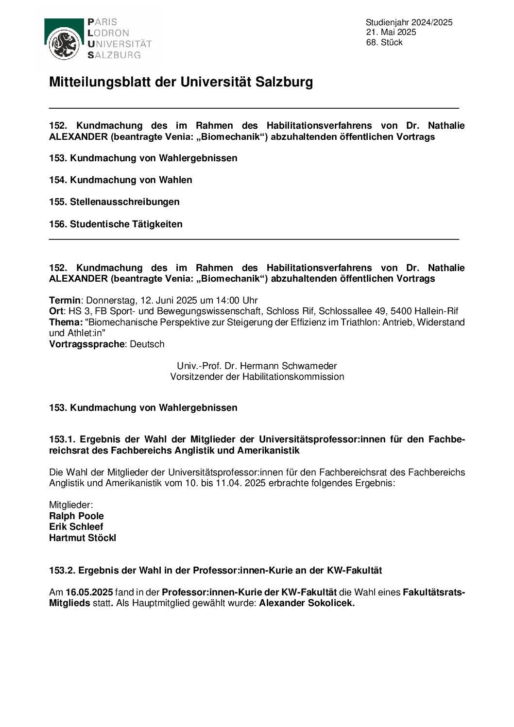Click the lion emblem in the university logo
pos(64,44)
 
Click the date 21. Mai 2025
pos(391,32)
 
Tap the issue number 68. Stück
pos(384,42)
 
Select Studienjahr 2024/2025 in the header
pos(409,22)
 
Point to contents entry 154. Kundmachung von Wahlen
pos(120,180)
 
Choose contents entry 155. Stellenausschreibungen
pos(114,202)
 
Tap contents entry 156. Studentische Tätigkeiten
pos(116,224)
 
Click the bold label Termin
pos(65,300)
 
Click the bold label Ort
pos(56,311)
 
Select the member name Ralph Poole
pos(76,516)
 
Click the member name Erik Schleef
pos(76,526)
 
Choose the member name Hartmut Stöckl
pos(83,538)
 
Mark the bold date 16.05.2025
pos(89,592)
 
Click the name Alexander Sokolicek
pos(307,603)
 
